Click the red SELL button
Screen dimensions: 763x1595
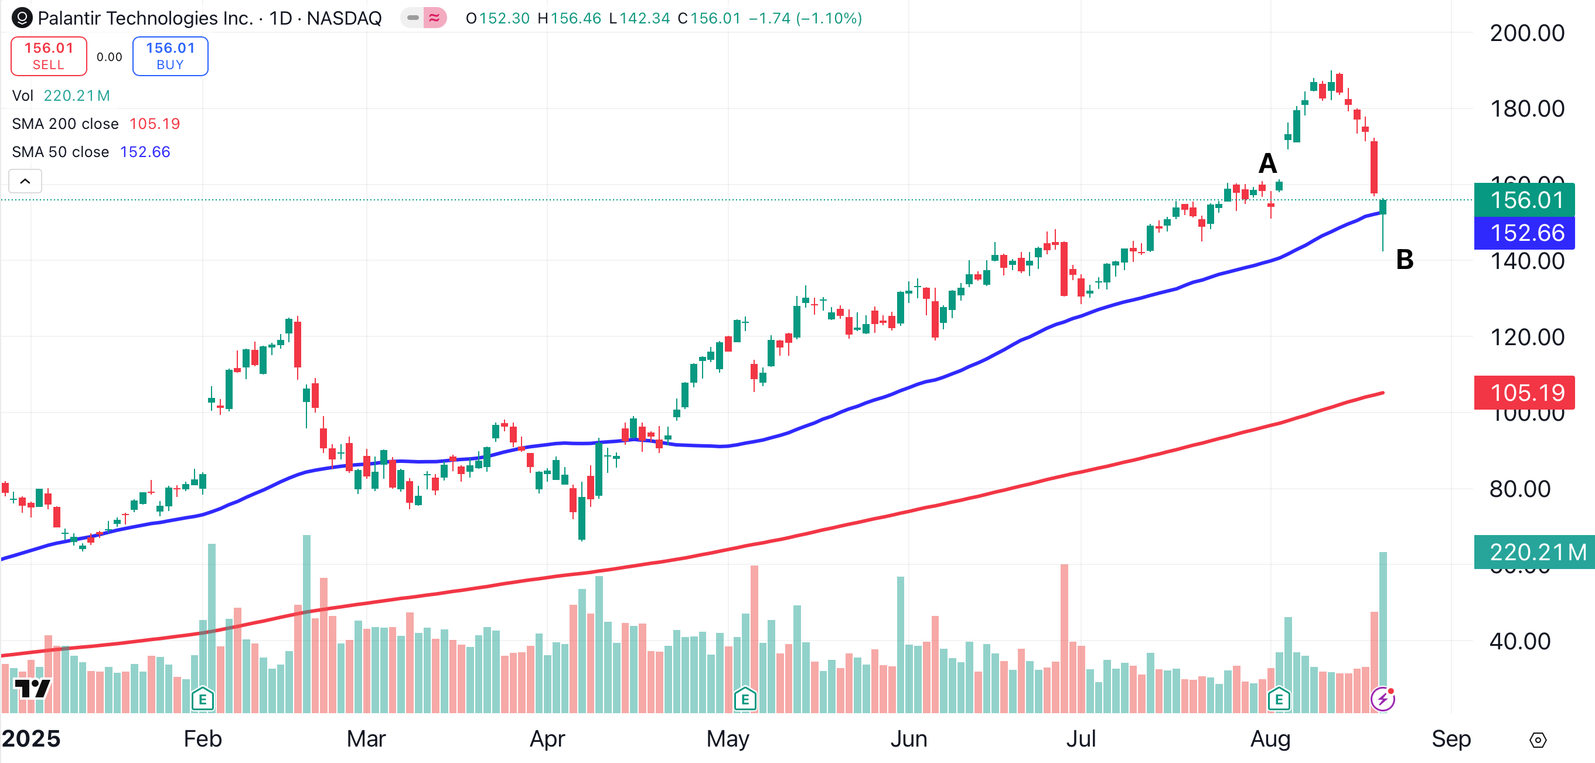pos(48,56)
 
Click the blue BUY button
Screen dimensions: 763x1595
pos(171,56)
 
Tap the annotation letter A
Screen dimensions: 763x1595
pos(1267,163)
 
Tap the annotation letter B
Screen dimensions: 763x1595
pos(1405,260)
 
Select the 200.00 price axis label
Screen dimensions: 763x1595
pos(1526,33)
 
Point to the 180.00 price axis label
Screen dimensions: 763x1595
pos(1526,109)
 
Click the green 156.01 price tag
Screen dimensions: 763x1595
pos(1526,200)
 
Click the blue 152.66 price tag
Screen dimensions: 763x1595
pos(1526,233)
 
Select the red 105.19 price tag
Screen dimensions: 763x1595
pos(1526,393)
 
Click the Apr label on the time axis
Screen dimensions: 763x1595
pos(547,739)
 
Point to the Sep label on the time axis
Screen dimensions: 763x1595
pos(1451,739)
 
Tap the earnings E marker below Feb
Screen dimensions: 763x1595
pos(203,700)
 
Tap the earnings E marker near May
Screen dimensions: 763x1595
pos(745,700)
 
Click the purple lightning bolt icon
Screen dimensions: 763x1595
pos(1383,699)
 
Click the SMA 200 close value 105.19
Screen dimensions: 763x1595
pos(154,124)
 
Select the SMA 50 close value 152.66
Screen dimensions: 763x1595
pos(145,152)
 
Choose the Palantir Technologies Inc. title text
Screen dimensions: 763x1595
pos(145,19)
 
